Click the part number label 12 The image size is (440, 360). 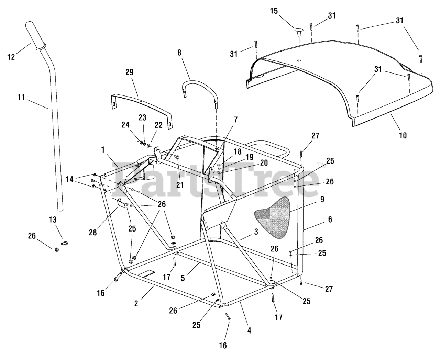[11, 57]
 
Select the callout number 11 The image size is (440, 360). [21, 97]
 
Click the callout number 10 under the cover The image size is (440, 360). [403, 136]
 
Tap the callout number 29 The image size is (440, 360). [129, 72]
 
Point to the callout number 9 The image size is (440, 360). [322, 199]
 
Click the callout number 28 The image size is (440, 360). [93, 233]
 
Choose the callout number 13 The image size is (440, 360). [53, 220]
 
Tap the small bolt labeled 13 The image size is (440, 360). [65, 243]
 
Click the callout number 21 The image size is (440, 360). [180, 185]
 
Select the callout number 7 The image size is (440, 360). [235, 120]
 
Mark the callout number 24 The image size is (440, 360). [125, 125]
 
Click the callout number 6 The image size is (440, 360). [330, 219]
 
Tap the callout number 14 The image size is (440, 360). [69, 179]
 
